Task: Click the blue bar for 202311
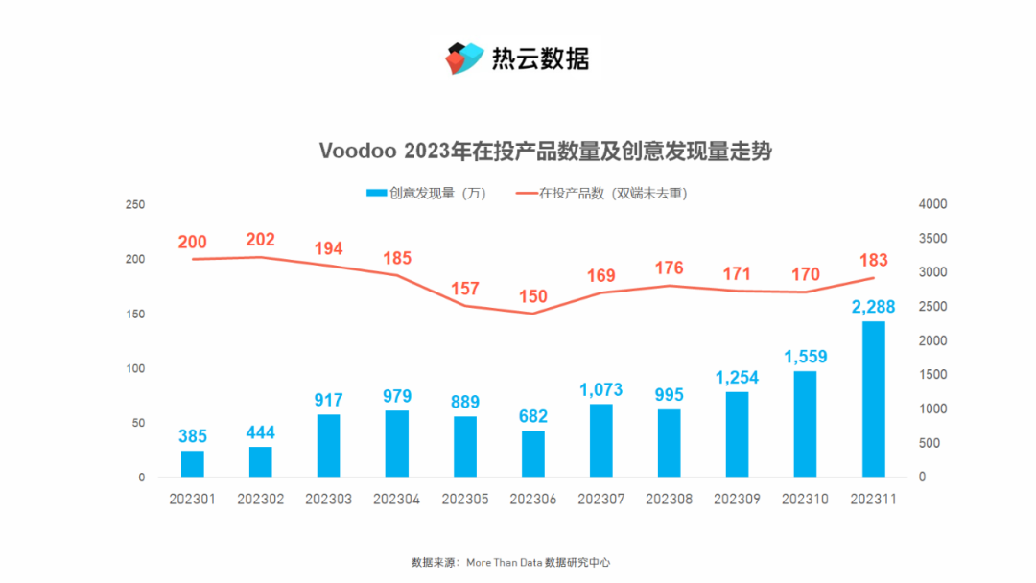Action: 873,399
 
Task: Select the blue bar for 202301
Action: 193,464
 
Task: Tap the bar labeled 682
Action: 533,454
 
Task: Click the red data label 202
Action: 261,240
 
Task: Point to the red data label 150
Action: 533,296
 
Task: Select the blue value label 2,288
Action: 873,307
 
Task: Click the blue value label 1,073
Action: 600,390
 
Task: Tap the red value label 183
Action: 873,260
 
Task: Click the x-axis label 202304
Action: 397,500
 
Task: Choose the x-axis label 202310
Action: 805,500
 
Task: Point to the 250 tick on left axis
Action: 135,205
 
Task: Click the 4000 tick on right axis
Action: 932,205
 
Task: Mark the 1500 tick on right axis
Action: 932,375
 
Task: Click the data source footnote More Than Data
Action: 503,563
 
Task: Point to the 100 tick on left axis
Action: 135,369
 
